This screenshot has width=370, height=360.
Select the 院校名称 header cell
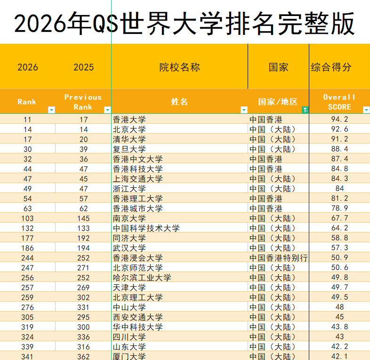(179, 67)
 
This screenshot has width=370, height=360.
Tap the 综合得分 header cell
(331, 67)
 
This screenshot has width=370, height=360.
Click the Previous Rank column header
(83, 102)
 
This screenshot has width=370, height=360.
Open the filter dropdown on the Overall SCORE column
(366, 110)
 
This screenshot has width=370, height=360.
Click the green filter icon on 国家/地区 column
(305, 110)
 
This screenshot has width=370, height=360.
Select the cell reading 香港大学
(129, 120)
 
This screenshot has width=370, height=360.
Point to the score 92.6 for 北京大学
(339, 129)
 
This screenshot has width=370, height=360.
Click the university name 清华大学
(129, 139)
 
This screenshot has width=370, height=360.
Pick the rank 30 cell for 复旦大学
(27, 149)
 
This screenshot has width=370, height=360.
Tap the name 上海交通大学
(138, 179)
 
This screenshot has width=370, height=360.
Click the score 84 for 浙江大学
(339, 189)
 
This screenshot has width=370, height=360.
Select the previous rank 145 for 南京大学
(83, 218)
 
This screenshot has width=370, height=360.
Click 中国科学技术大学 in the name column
(146, 228)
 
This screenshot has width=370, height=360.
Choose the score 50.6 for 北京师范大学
(339, 268)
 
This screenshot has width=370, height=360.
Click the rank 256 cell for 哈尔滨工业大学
(27, 278)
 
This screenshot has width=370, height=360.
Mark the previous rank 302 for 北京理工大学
(83, 297)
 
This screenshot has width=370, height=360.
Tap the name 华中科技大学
(138, 327)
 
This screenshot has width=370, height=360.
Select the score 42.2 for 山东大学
(339, 347)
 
